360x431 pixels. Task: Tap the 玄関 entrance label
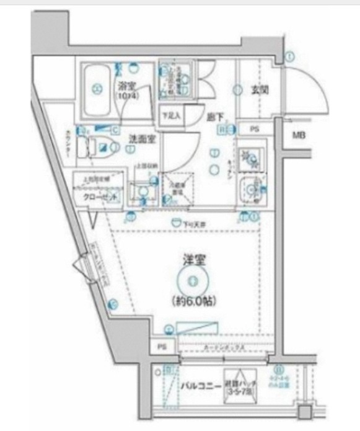260,89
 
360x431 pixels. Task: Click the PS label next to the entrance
255,129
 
